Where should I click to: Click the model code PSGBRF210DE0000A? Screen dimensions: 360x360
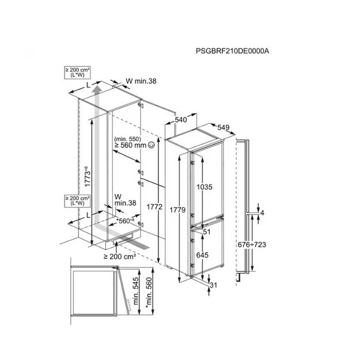[x=232, y=51]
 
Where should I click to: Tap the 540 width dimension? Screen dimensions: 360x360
[x=181, y=120]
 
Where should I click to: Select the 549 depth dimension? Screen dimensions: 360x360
[x=223, y=127]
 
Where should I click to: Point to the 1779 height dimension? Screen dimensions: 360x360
[x=177, y=210]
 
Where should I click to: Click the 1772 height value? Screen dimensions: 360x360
[x=154, y=207]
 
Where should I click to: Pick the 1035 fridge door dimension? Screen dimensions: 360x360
[x=204, y=187]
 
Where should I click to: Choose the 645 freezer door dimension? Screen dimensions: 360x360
[x=202, y=255]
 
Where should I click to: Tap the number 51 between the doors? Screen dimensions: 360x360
[x=207, y=232]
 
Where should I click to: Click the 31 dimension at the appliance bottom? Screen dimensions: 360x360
[x=213, y=285]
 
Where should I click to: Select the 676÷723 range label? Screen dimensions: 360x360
[x=252, y=245]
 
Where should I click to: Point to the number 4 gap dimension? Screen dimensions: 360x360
[x=262, y=213]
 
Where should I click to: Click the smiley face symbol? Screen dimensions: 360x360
[x=151, y=145]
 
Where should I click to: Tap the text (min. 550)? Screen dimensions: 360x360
[x=128, y=139]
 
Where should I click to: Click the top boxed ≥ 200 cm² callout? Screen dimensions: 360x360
[x=77, y=73]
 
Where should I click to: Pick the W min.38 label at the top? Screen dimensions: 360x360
[x=141, y=81]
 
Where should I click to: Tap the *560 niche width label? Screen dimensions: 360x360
[x=126, y=221]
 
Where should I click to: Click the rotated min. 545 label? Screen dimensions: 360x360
[x=136, y=291]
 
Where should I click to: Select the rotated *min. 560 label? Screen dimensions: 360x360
[x=149, y=293]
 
